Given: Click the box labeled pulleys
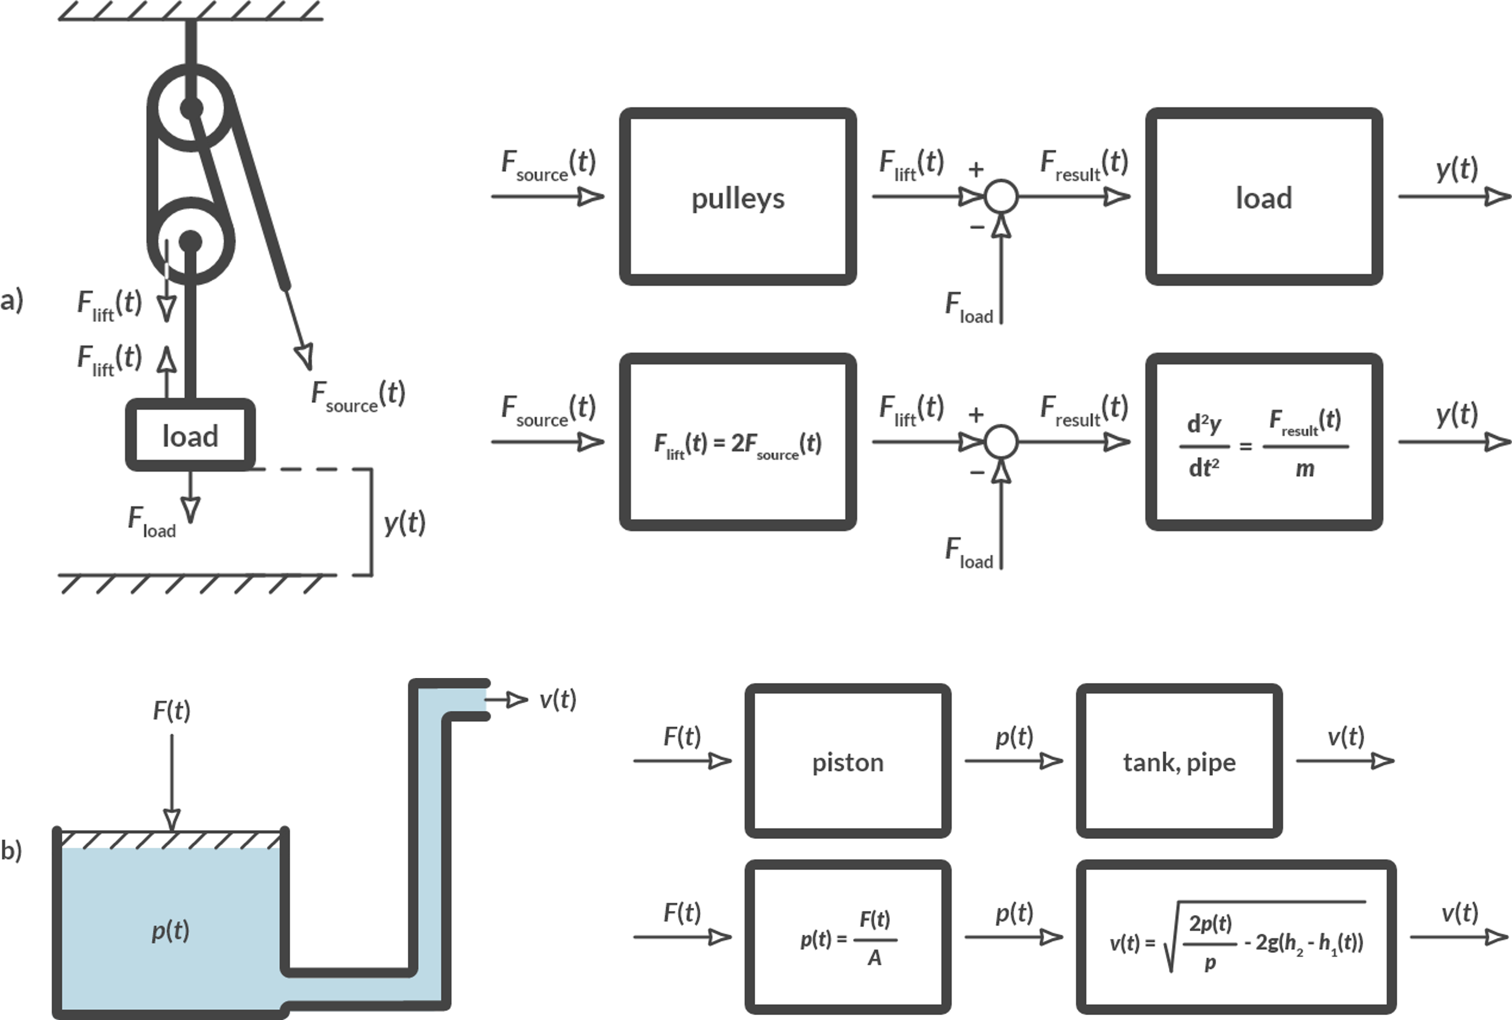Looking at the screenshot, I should click(x=737, y=196).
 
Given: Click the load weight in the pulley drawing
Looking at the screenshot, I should click(x=190, y=434).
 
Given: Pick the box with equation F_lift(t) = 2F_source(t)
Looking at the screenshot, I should click(x=737, y=442).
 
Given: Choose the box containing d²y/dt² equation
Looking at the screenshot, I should click(x=1264, y=442).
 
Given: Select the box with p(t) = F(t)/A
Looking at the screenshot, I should click(x=847, y=937).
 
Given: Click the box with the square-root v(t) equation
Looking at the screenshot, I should click(x=1236, y=937).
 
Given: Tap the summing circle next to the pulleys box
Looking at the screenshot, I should click(x=1001, y=196).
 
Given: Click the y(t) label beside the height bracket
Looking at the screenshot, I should click(x=405, y=522).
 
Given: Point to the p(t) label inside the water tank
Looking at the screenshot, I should click(x=170, y=930).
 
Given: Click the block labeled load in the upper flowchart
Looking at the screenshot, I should click(x=1264, y=196).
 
